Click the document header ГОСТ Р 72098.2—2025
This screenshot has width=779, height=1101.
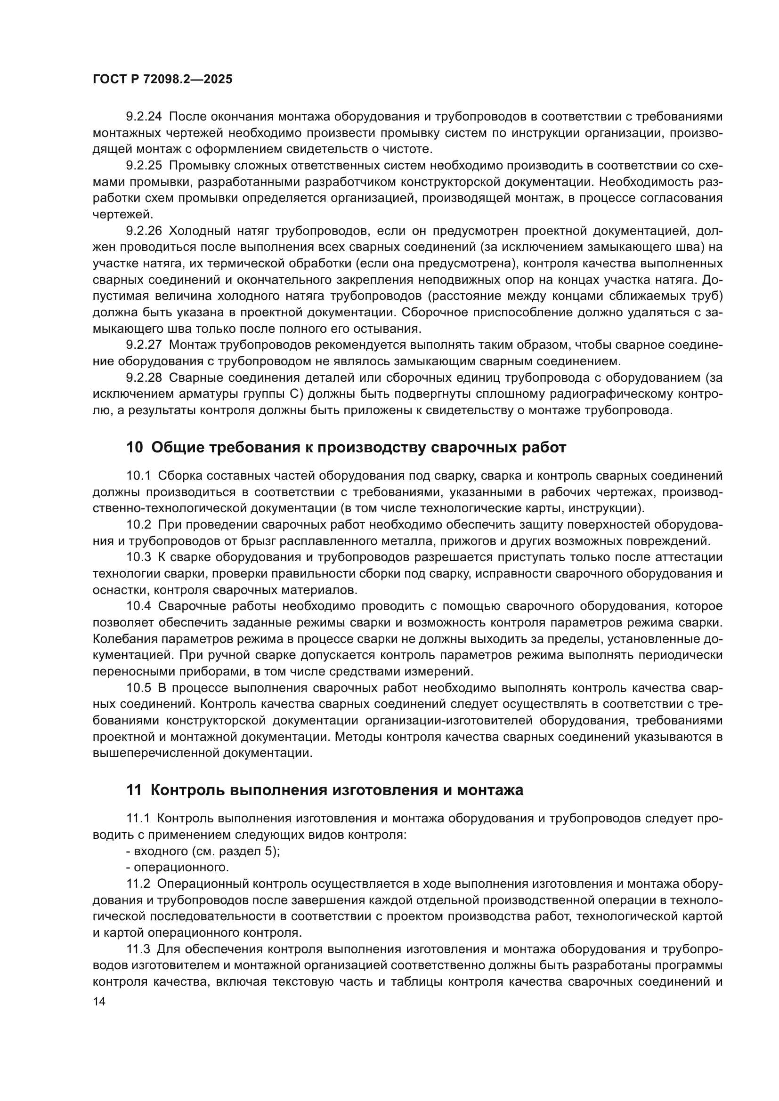[x=162, y=80]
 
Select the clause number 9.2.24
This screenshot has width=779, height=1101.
[x=144, y=117]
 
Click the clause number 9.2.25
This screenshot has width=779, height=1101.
[x=144, y=165]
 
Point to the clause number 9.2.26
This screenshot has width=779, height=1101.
[x=144, y=231]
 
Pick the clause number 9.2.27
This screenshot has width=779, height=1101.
[x=144, y=345]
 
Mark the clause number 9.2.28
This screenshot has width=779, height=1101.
[x=144, y=378]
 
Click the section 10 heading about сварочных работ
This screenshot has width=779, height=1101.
[x=346, y=447]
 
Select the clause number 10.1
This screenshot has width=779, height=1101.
[x=138, y=476]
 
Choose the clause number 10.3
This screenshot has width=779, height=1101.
[x=138, y=557]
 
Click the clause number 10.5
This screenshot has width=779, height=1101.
[x=138, y=688]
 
